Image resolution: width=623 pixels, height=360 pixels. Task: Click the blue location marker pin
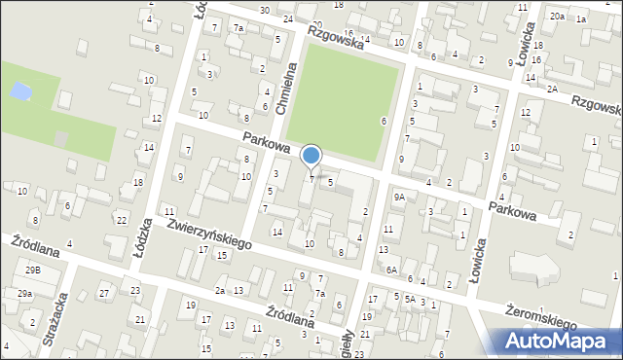311,156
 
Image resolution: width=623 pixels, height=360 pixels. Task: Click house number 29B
33,270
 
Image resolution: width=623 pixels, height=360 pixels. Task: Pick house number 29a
24,293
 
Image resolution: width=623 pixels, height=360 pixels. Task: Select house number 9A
399,197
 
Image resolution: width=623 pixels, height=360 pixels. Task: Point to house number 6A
391,270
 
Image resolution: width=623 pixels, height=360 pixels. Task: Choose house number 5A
410,300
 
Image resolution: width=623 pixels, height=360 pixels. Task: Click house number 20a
556,17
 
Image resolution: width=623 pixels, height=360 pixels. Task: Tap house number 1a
581,19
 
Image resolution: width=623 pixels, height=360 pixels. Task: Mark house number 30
265,10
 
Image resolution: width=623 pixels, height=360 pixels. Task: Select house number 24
288,19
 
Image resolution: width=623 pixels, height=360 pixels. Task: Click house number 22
121,220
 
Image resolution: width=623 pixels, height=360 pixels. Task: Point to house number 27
104,293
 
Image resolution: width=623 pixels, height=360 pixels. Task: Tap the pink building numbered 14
276,232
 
